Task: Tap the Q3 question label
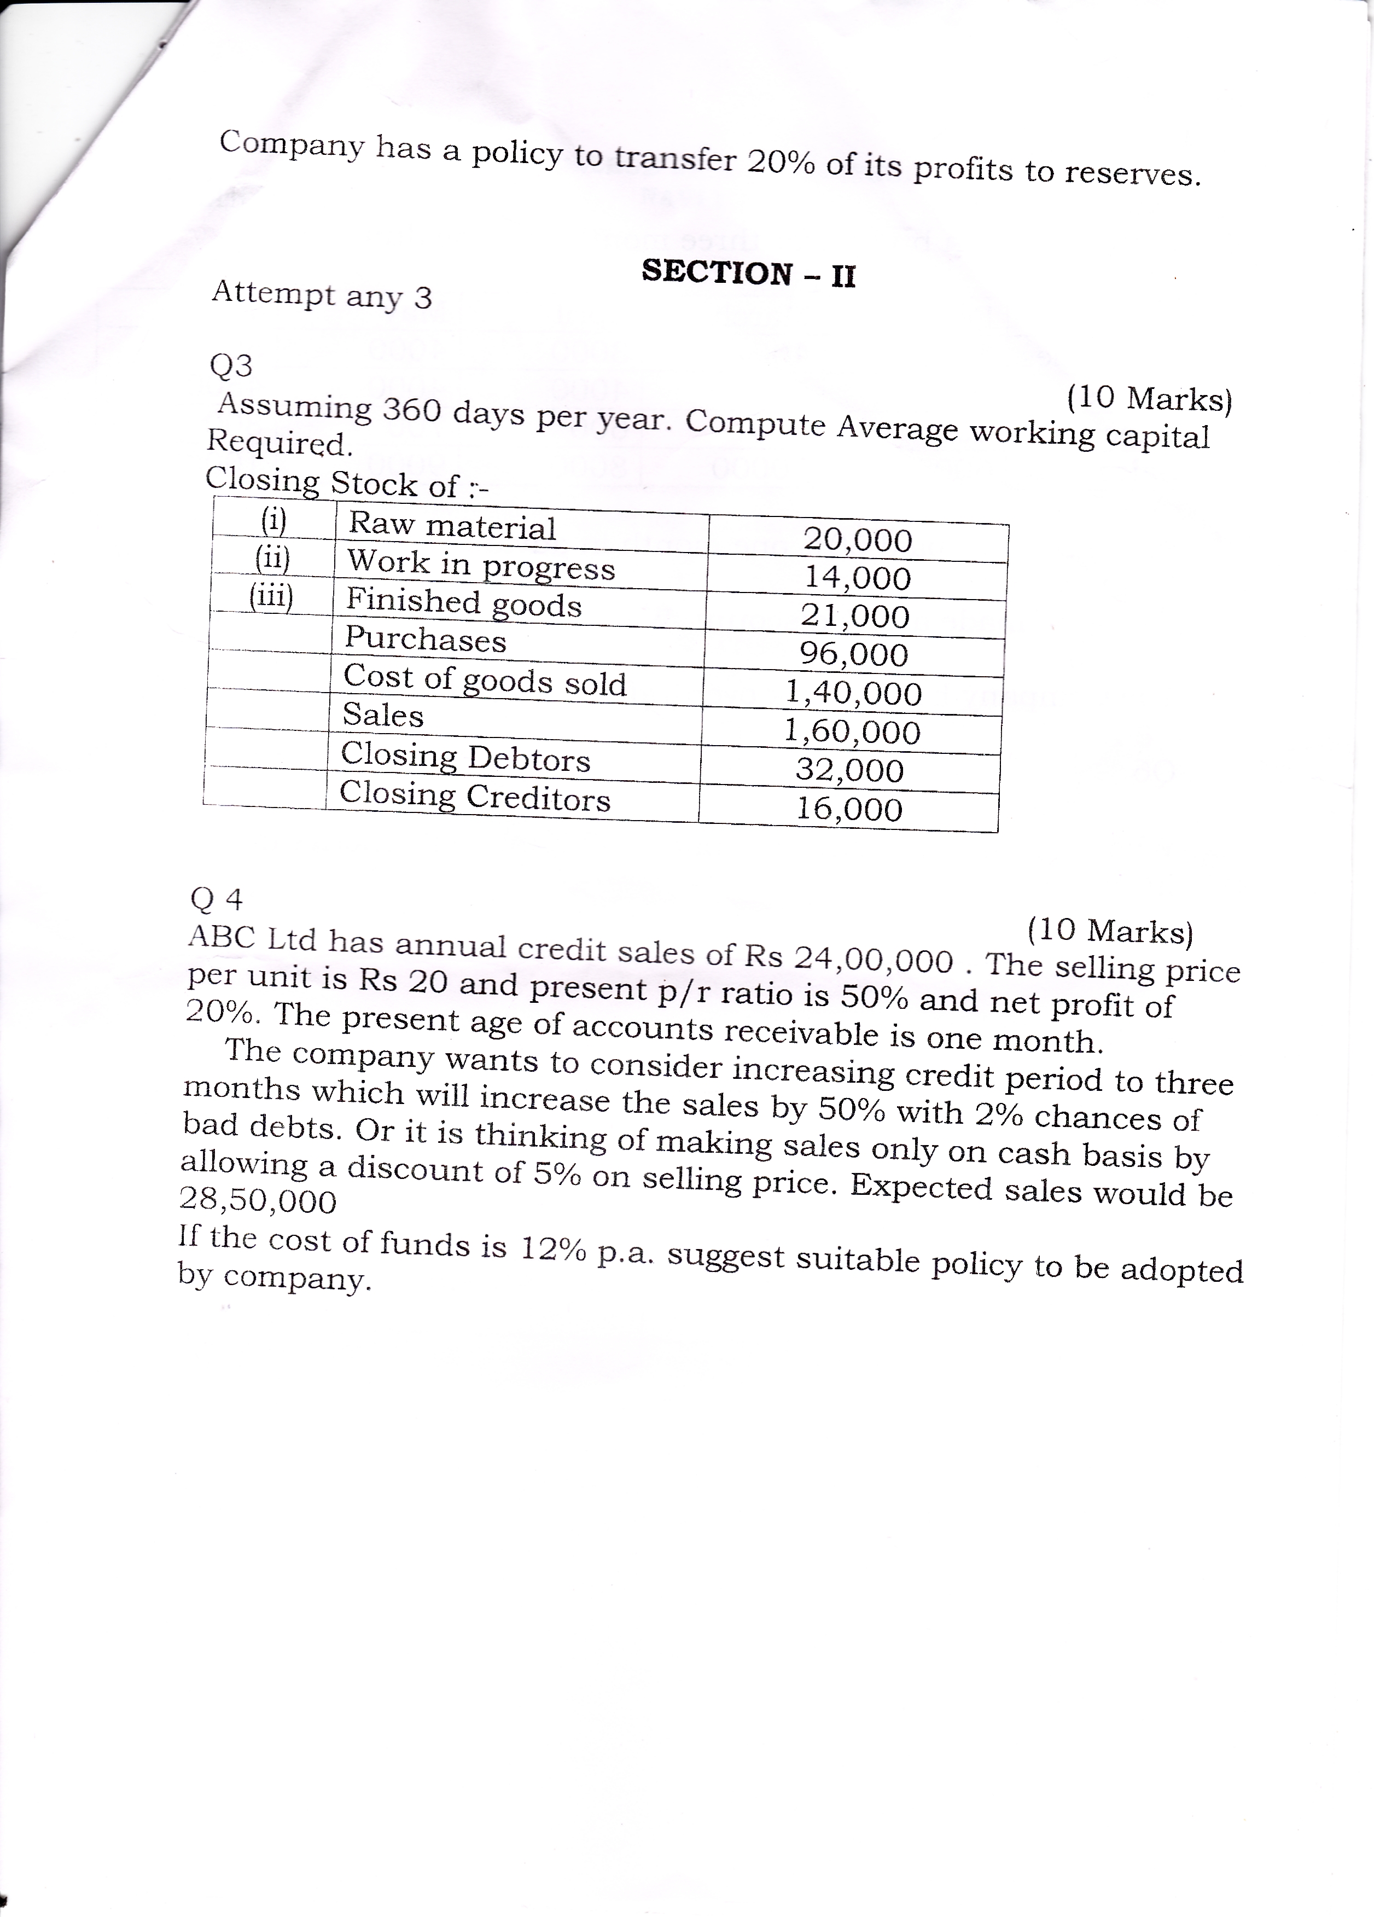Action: pyautogui.click(x=231, y=366)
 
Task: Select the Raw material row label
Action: pyautogui.click(x=452, y=527)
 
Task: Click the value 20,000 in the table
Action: pyautogui.click(x=858, y=540)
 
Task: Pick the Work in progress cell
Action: pyautogui.click(x=481, y=565)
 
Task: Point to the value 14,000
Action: pyautogui.click(x=857, y=578)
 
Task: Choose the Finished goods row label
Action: pyautogui.click(x=464, y=603)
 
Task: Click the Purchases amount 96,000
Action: pyautogui.click(x=854, y=655)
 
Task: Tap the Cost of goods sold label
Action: pyautogui.click(x=484, y=681)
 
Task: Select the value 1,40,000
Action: pyautogui.click(x=853, y=693)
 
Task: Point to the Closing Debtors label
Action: pyautogui.click(x=465, y=757)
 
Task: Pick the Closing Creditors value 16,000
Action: pyautogui.click(x=849, y=810)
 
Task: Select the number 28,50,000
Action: pyautogui.click(x=259, y=1201)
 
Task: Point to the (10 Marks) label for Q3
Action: pyautogui.click(x=1149, y=398)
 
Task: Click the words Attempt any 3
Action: pyautogui.click(x=322, y=295)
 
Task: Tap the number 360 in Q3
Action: pyautogui.click(x=412, y=411)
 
